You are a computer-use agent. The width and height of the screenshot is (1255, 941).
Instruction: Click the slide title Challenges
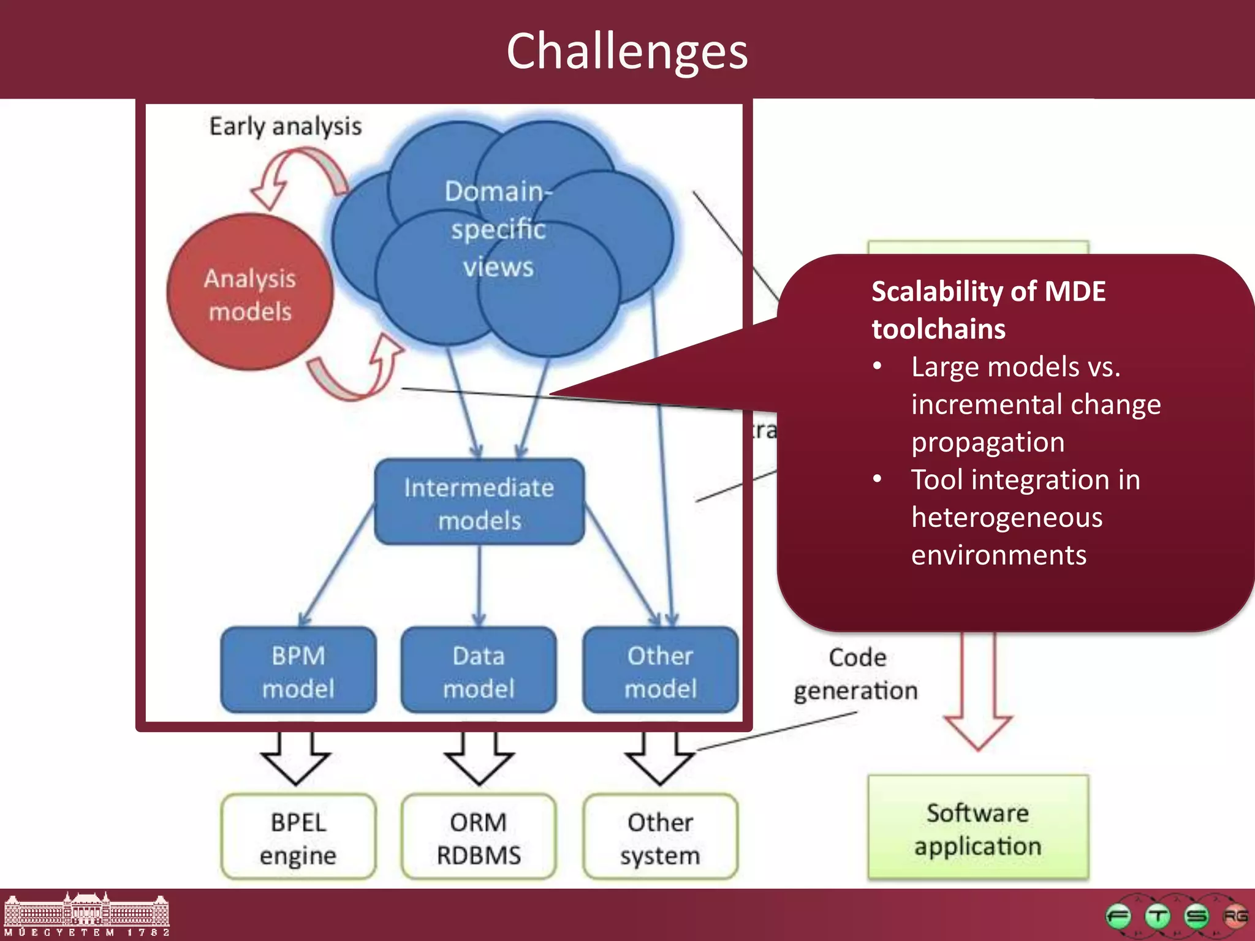pos(627,51)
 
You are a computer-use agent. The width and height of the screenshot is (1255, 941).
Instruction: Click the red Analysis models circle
pos(250,293)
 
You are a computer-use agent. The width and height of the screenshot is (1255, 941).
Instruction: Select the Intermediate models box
pos(479,502)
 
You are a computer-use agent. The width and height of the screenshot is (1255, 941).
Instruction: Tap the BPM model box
pos(298,671)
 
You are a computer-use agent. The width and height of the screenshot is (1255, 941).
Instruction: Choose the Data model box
pos(479,671)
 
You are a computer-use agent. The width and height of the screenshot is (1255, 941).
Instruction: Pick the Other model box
pos(660,671)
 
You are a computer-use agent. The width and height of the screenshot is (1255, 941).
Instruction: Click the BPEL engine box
pos(298,837)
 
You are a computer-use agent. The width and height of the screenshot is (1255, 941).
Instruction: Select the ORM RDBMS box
pos(479,837)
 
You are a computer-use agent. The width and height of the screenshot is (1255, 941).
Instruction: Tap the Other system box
pos(660,837)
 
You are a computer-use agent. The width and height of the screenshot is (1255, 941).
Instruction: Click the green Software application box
pos(978,828)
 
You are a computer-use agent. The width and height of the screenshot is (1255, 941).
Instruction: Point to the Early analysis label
pos(286,126)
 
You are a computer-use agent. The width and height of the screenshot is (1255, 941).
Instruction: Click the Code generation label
pos(856,674)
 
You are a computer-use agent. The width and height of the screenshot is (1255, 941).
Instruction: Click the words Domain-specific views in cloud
pos(498,229)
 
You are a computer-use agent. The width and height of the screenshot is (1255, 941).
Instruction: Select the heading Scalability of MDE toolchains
pos(988,309)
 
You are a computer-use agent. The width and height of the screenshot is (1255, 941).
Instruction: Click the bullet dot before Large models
pos(878,366)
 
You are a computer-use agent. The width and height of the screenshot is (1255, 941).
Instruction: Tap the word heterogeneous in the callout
pos(1007,517)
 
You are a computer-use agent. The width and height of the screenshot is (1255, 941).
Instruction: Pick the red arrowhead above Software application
pos(978,730)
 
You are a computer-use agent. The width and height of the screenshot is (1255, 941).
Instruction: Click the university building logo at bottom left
pos(86,914)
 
